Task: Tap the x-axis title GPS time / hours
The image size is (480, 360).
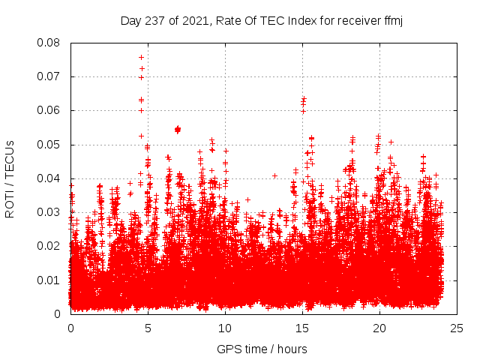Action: (x=262, y=349)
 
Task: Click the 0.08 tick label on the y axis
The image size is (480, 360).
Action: (x=50, y=43)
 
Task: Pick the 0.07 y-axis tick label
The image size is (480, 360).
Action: (x=50, y=76)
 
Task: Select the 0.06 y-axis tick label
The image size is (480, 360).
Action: (x=50, y=110)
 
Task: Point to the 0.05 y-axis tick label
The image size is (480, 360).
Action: (x=50, y=145)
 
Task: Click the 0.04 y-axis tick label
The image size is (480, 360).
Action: (x=50, y=178)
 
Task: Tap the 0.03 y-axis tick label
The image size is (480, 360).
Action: (x=50, y=212)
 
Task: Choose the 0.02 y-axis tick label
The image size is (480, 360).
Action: (x=50, y=246)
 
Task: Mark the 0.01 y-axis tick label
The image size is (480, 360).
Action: (x=50, y=280)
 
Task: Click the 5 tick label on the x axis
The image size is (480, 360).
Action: (x=148, y=328)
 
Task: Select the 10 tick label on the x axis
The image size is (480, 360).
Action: (x=225, y=328)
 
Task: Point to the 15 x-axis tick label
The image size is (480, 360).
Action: (x=302, y=328)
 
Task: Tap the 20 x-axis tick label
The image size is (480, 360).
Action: (x=379, y=328)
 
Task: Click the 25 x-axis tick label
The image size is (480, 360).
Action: (x=457, y=328)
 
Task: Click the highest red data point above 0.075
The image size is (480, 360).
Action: (x=141, y=57)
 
